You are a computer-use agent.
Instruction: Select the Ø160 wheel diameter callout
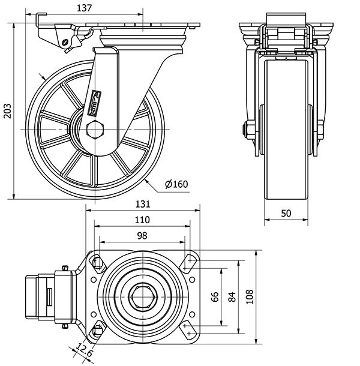coord(176,184)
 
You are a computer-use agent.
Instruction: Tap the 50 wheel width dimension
coord(286,214)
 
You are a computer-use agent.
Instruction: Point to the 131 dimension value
coord(143,204)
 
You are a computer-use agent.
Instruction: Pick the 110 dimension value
coord(143,220)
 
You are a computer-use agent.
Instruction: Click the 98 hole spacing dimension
coord(143,236)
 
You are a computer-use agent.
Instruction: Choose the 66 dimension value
coord(214,296)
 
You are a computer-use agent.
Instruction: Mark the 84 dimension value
coord(232,296)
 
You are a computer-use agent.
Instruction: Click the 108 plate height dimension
coord(250,296)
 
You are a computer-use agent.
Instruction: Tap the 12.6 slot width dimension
coord(85,349)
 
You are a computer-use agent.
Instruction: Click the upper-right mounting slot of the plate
coord(190,262)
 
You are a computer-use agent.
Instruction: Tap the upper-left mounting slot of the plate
coord(96,262)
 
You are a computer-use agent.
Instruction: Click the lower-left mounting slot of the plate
coord(96,331)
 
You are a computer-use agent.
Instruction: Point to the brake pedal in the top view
coord(40,296)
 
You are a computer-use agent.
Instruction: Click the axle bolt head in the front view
coord(246,130)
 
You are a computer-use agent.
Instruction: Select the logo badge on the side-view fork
coord(95,103)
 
